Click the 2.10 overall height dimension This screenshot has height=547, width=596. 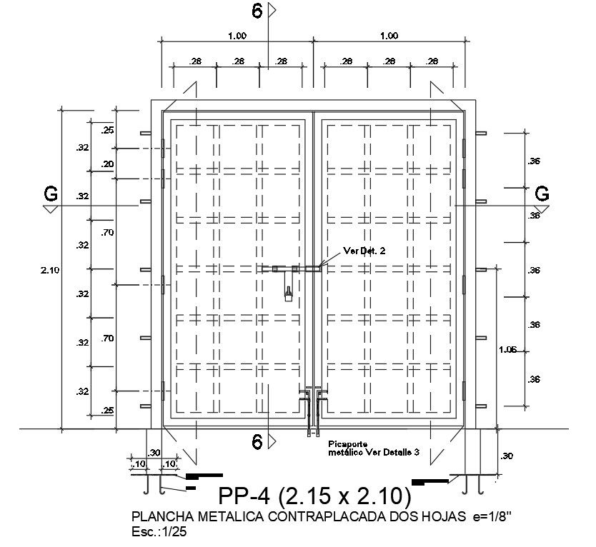coord(50,270)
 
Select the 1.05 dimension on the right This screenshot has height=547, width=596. coord(507,349)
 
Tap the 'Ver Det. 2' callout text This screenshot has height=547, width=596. coord(365,250)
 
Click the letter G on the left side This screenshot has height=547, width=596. coord(50,194)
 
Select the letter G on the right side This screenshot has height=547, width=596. coord(542,194)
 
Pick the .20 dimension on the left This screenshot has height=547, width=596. coord(108,164)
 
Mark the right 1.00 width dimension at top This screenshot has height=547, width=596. coord(389,36)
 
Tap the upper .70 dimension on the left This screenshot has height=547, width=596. coord(108,232)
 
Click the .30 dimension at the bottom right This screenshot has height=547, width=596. coord(507,456)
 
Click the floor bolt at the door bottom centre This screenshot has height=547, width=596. coord(312,411)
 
